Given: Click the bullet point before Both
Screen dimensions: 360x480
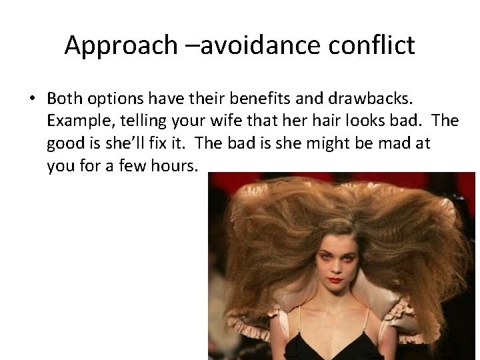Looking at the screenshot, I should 32,99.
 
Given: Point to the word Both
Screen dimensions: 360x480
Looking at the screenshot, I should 64,99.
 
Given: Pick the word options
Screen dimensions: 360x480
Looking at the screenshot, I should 115,99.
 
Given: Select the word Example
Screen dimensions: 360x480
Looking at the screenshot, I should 75,121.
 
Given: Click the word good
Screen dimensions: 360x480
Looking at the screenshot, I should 67,143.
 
